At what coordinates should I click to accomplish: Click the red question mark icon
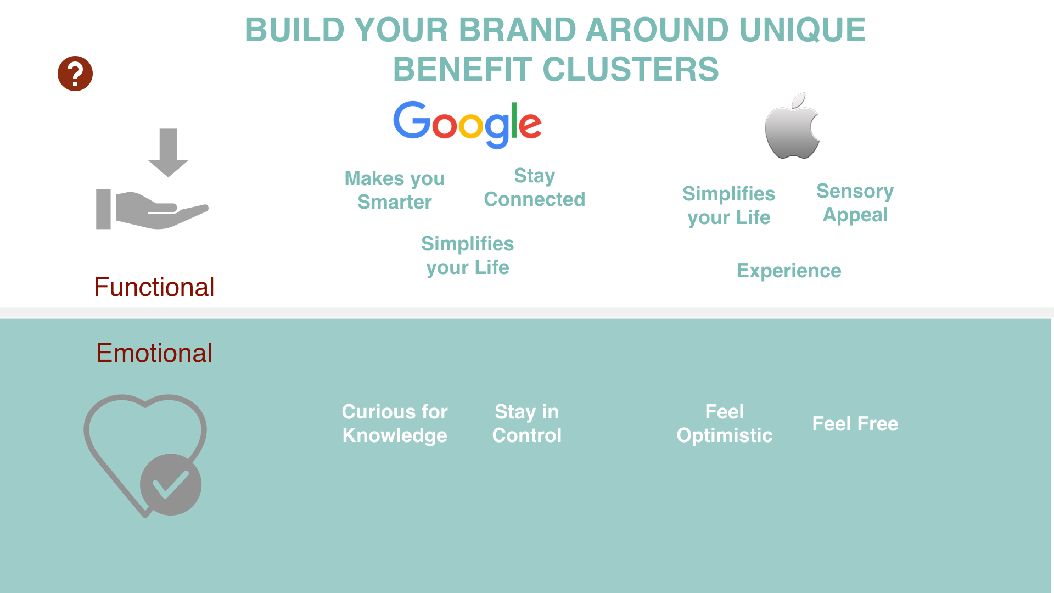coord(75,74)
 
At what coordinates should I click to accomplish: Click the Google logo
coord(467,124)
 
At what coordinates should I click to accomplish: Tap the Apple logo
coord(792,126)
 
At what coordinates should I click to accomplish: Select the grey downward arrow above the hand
coord(168,153)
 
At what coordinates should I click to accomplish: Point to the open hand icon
coord(152,209)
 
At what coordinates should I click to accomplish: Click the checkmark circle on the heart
coord(171,484)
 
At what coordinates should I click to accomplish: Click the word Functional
coord(154,287)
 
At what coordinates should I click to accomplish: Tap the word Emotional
coord(154,353)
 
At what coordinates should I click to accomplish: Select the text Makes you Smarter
coord(394,190)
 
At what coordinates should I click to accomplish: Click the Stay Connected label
coord(534,187)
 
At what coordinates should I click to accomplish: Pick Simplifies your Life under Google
coord(467,255)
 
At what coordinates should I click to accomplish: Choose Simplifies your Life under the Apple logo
coord(728,205)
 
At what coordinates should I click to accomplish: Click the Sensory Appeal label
coord(855,203)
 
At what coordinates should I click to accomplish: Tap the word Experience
coord(788,271)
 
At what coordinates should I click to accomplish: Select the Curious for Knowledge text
coord(394,423)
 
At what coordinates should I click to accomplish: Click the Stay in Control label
coord(526,423)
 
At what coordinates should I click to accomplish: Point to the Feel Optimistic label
coord(724,423)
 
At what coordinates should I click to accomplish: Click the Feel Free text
coord(855,424)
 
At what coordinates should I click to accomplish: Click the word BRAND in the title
coord(517,30)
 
